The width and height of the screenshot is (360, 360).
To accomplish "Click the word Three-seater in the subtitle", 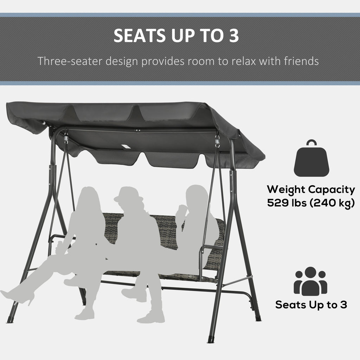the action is (x=70, y=61).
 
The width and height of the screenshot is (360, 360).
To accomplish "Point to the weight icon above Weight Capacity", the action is (x=311, y=158).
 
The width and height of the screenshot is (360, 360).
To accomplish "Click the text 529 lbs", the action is (x=287, y=203).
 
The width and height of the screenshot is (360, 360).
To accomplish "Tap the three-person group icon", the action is (x=310, y=281).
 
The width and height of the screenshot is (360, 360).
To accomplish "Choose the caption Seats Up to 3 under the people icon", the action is (x=311, y=305).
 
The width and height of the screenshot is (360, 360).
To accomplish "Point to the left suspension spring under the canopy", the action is (x=66, y=139).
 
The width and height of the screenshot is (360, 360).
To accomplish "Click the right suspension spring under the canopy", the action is (x=217, y=141).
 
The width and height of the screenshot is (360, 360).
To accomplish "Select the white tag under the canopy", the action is (x=126, y=147).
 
